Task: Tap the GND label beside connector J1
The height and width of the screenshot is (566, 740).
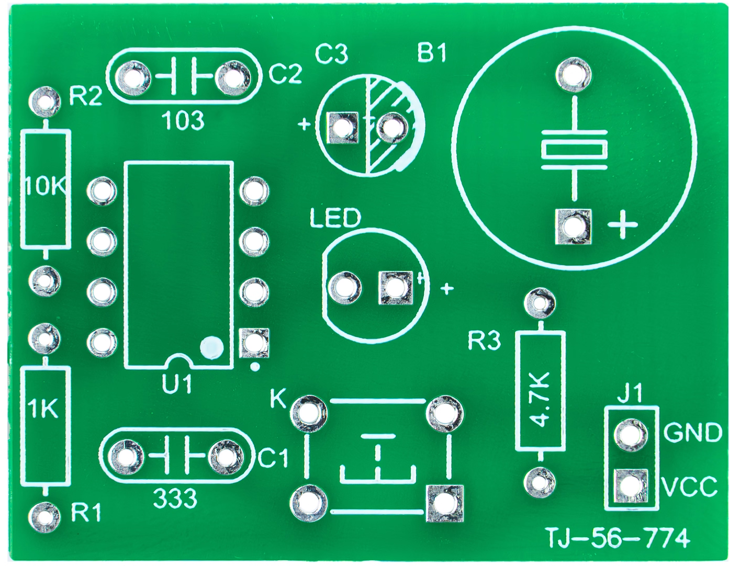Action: pos(693,433)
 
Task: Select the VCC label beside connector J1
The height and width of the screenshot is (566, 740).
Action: pos(690,488)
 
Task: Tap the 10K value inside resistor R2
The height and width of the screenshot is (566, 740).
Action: pos(46,186)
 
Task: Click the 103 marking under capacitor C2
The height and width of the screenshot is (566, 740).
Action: pos(183,121)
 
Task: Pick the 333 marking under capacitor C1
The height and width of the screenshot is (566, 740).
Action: pos(175,498)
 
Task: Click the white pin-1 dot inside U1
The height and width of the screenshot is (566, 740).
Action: pos(211,346)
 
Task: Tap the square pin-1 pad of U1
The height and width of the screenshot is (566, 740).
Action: pos(254,343)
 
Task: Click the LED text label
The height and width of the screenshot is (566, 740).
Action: pos(335,219)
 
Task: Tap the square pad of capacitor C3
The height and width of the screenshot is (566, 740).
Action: pos(342,127)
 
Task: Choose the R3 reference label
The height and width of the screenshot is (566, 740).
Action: pos(484,341)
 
